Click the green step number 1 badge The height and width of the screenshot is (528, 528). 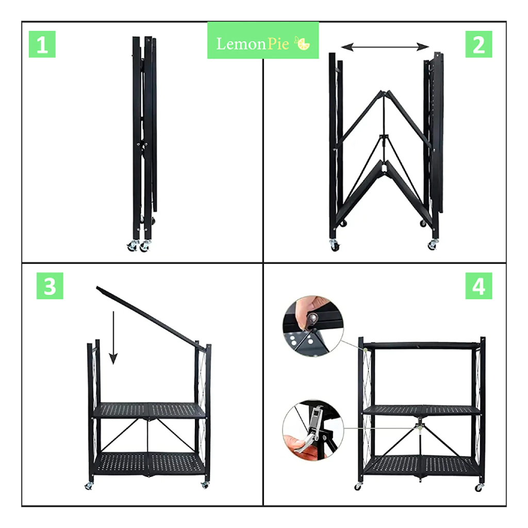click(42, 44)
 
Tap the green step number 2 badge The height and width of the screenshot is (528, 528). click(478, 44)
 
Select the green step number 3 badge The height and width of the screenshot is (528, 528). click(50, 286)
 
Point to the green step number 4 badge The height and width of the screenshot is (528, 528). click(478, 286)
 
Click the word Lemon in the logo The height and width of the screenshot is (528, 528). click(241, 44)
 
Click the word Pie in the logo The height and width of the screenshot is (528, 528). click(278, 44)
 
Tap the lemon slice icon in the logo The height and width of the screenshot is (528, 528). click(302, 43)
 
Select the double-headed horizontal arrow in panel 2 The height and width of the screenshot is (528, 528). click(385, 47)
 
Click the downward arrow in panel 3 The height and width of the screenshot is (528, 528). click(113, 337)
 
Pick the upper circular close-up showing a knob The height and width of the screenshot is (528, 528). click(313, 326)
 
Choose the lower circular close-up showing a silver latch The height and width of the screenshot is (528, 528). click(313, 430)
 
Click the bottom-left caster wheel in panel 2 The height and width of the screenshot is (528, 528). click(334, 245)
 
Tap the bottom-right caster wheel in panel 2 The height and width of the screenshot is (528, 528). click(433, 245)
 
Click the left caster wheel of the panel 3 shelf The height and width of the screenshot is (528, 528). click(89, 486)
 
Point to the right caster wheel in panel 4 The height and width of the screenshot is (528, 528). click(478, 487)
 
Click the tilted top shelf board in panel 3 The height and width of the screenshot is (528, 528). click(151, 319)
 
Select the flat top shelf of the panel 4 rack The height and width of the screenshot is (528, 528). click(422, 345)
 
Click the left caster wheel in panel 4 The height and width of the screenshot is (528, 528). click(358, 487)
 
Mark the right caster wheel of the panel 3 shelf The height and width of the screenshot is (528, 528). click(205, 485)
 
